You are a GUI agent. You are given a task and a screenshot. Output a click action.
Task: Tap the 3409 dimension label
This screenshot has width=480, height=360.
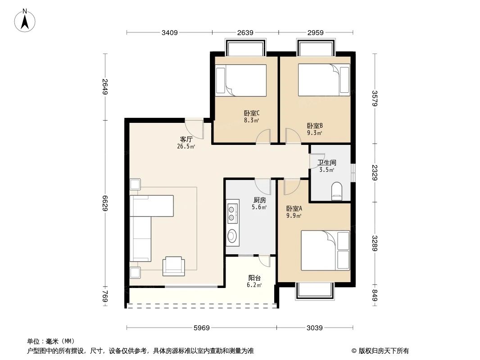pyautogui.click(x=170, y=32)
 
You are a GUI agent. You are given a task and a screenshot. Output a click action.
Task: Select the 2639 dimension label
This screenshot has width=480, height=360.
pyautogui.click(x=245, y=32)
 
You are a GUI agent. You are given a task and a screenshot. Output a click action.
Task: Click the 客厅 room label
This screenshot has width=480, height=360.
pyautogui.click(x=186, y=139)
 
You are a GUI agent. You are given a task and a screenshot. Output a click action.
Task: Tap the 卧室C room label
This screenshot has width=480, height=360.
pyautogui.click(x=251, y=113)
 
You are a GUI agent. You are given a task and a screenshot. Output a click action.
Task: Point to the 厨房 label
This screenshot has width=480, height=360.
pyautogui.click(x=259, y=200)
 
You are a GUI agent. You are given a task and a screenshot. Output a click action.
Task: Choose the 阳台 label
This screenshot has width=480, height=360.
pyautogui.click(x=254, y=278)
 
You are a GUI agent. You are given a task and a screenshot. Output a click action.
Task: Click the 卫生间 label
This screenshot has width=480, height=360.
pyautogui.click(x=326, y=163)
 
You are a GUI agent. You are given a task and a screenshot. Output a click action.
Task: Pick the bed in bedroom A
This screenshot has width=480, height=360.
pyautogui.click(x=325, y=250)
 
